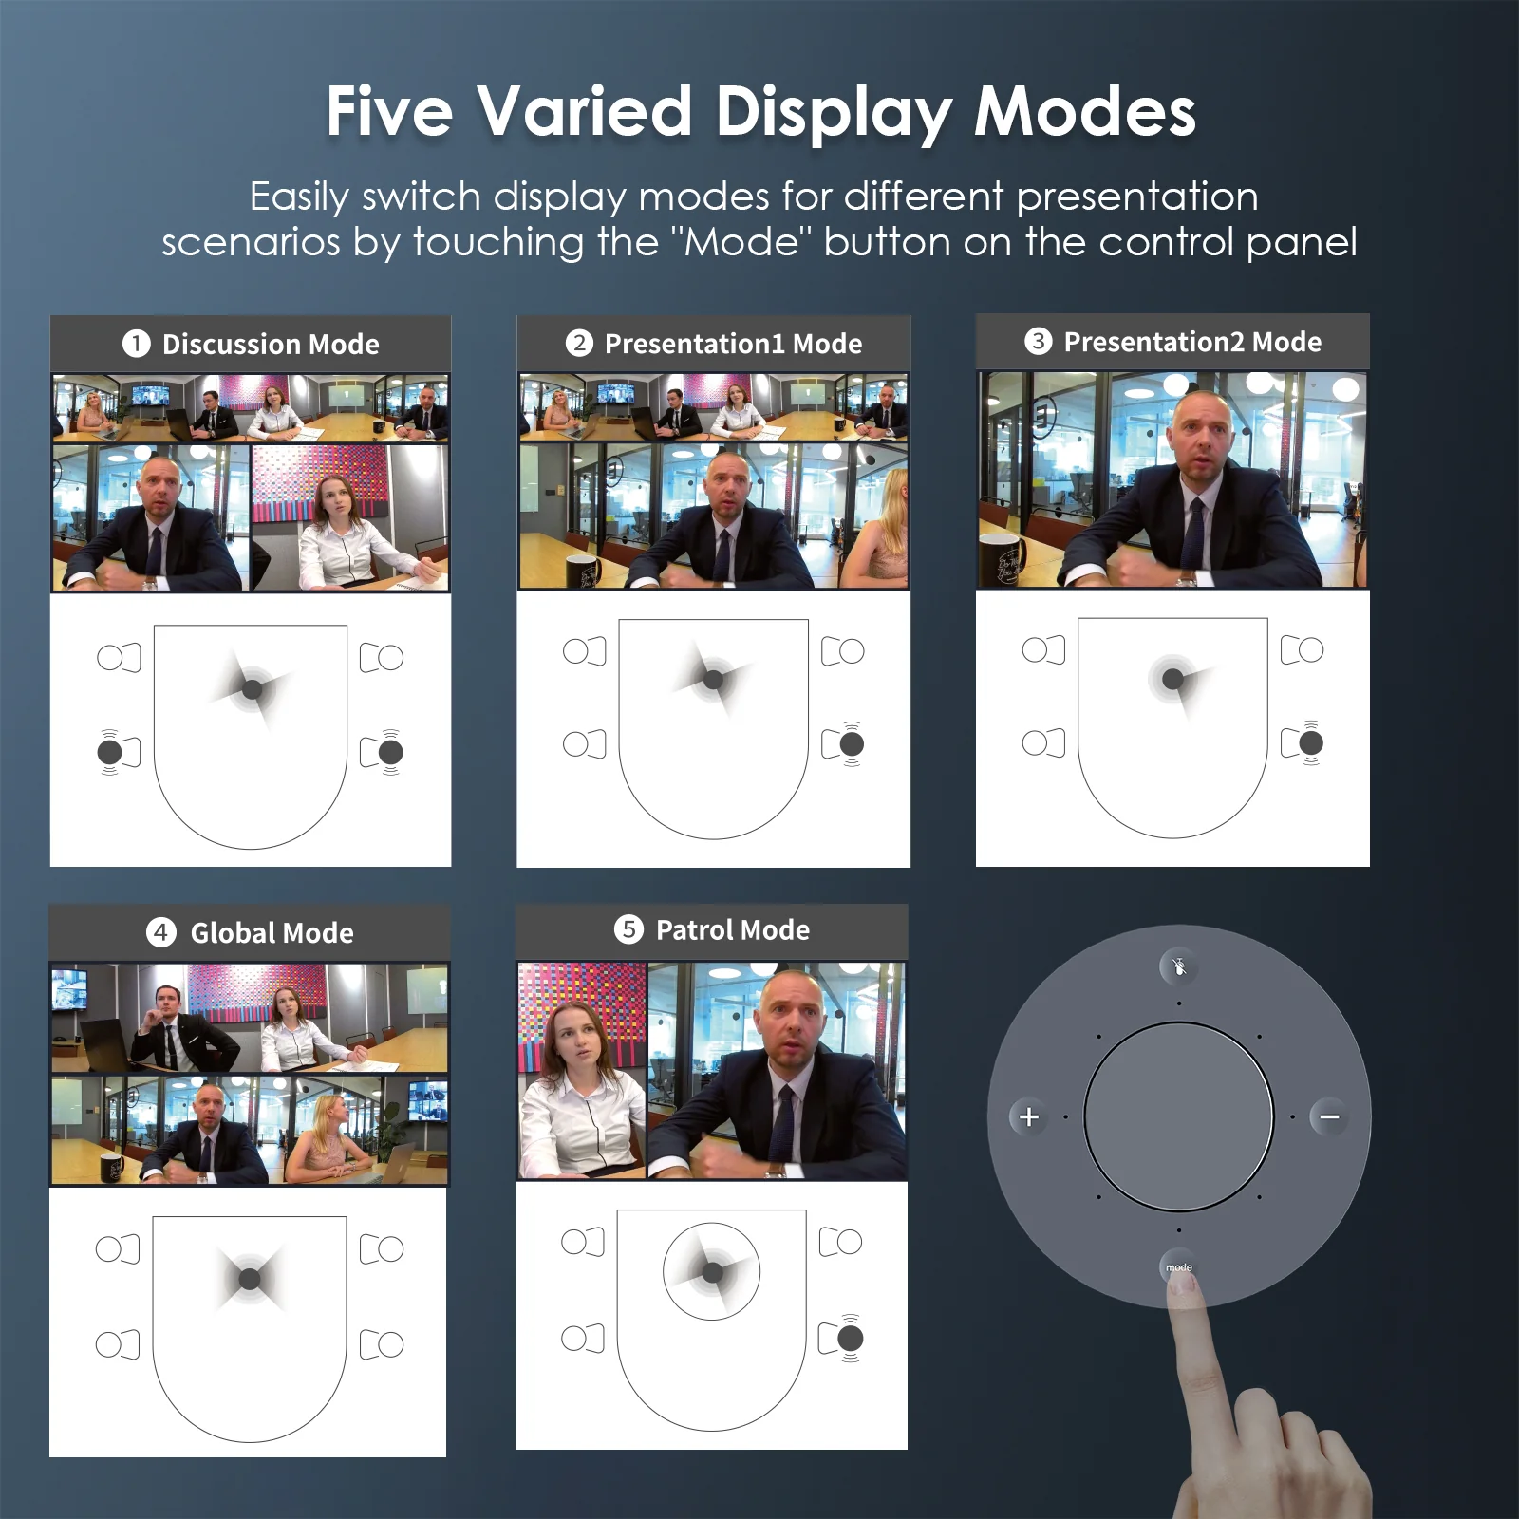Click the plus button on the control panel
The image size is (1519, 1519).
pos(1029,1116)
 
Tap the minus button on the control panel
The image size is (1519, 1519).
pos(1329,1116)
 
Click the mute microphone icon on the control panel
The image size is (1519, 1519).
pos(1179,967)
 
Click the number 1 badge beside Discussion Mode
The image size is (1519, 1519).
pos(137,344)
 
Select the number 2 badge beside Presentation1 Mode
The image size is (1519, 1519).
pos(579,344)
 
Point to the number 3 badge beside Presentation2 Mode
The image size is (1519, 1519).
pos(1039,341)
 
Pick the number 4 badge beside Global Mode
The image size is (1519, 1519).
pos(160,932)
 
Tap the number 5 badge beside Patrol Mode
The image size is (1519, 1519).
pos(628,929)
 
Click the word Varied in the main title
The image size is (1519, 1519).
pos(584,111)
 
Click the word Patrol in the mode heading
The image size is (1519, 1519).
pos(698,929)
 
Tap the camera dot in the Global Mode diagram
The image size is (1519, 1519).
pos(250,1279)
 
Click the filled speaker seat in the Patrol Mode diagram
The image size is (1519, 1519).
pos(851,1339)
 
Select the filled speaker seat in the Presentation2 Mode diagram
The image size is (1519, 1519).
pos(1311,742)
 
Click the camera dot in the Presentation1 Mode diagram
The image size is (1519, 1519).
pos(714,679)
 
